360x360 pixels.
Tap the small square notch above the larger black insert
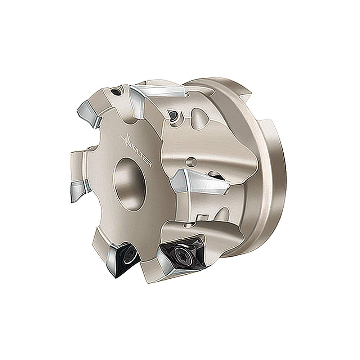tap(202, 217)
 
